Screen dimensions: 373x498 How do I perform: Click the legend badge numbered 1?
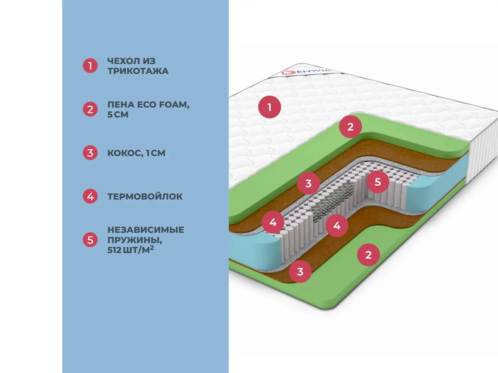(90, 66)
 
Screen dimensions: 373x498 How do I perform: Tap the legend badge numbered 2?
(90, 109)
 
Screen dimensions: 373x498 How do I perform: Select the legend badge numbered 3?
(90, 153)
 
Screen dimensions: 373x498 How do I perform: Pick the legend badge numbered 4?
(90, 196)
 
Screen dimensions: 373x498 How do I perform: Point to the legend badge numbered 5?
(90, 240)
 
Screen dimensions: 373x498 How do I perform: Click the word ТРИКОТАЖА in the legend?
(138, 71)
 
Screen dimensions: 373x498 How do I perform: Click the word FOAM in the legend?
(174, 105)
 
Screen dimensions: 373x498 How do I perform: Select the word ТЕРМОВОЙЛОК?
(145, 196)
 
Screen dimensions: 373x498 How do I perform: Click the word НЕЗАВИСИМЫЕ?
(146, 230)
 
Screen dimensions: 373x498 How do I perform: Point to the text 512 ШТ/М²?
(130, 250)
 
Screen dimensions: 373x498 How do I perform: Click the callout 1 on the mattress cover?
(270, 107)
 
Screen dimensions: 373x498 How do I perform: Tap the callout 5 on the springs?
(378, 182)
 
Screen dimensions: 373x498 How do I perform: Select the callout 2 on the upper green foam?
(350, 127)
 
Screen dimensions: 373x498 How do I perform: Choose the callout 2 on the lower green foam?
(369, 255)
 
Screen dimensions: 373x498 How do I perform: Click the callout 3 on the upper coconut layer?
(308, 183)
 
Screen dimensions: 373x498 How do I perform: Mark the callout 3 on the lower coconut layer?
(300, 272)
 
